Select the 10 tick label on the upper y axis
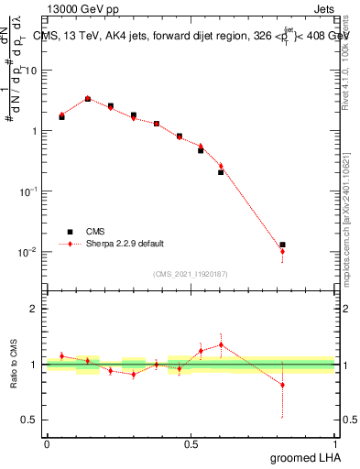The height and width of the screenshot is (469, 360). point(32,71)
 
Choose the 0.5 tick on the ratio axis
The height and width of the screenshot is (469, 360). point(32,420)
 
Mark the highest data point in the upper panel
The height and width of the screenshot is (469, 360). point(88,99)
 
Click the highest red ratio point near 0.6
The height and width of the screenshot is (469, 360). point(221,344)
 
